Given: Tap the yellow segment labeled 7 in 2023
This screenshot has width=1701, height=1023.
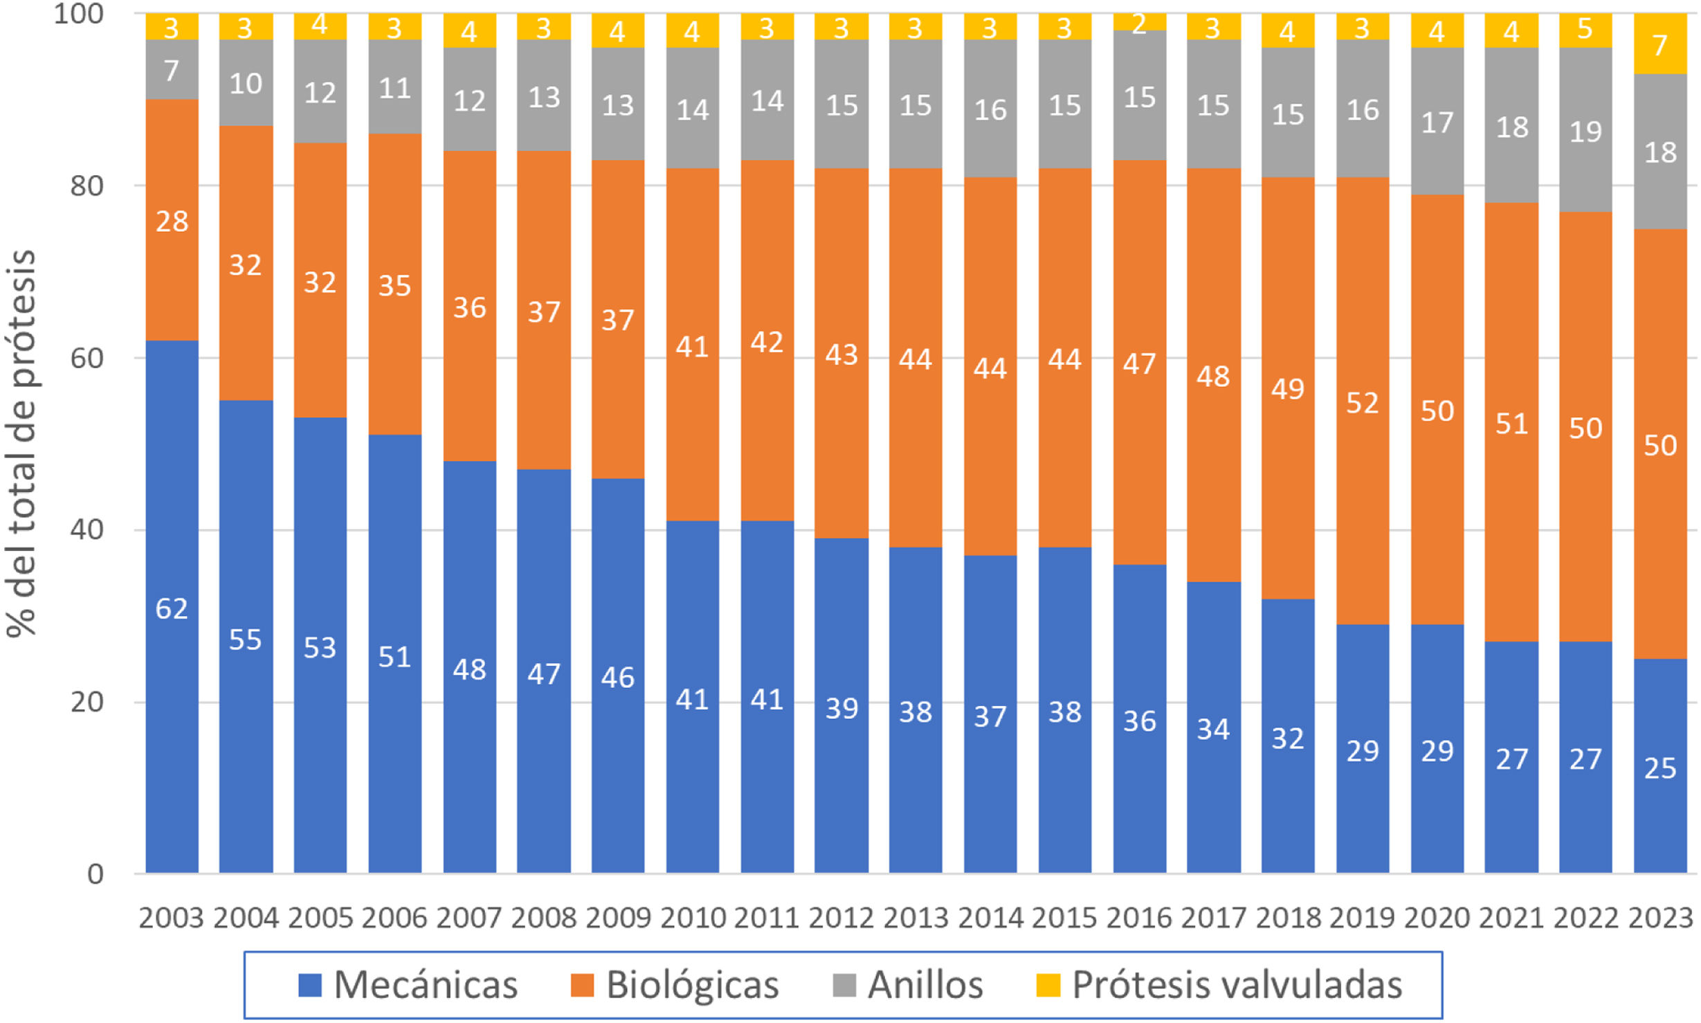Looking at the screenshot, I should click(x=1659, y=44).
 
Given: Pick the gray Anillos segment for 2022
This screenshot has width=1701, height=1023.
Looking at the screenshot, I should click(x=1585, y=130).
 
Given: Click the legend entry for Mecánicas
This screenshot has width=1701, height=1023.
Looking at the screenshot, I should click(x=408, y=984).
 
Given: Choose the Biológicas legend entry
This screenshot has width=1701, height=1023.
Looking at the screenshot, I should click(x=675, y=984).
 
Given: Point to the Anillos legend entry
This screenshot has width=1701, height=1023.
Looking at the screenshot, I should click(x=908, y=984).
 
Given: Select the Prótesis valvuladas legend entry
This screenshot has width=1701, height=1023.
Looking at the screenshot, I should click(x=1219, y=984).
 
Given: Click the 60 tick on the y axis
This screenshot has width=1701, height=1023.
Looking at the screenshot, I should click(x=87, y=358).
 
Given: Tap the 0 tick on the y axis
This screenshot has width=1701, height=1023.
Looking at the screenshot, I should click(x=95, y=874).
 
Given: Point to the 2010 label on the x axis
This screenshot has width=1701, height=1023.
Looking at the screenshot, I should click(x=692, y=918).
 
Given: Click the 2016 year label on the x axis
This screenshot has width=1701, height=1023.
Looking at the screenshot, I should click(x=1139, y=918).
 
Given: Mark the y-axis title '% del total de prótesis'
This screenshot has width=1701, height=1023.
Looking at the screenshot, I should click(x=21, y=443).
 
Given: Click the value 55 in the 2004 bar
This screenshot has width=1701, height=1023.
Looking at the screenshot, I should click(x=246, y=640).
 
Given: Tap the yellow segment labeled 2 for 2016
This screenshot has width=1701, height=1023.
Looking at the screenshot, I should click(x=1139, y=23).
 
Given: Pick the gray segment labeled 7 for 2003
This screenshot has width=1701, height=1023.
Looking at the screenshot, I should click(x=172, y=70).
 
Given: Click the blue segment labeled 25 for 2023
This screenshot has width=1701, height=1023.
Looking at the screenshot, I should click(x=1659, y=767).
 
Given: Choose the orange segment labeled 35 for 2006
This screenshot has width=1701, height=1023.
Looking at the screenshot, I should click(x=394, y=285).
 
